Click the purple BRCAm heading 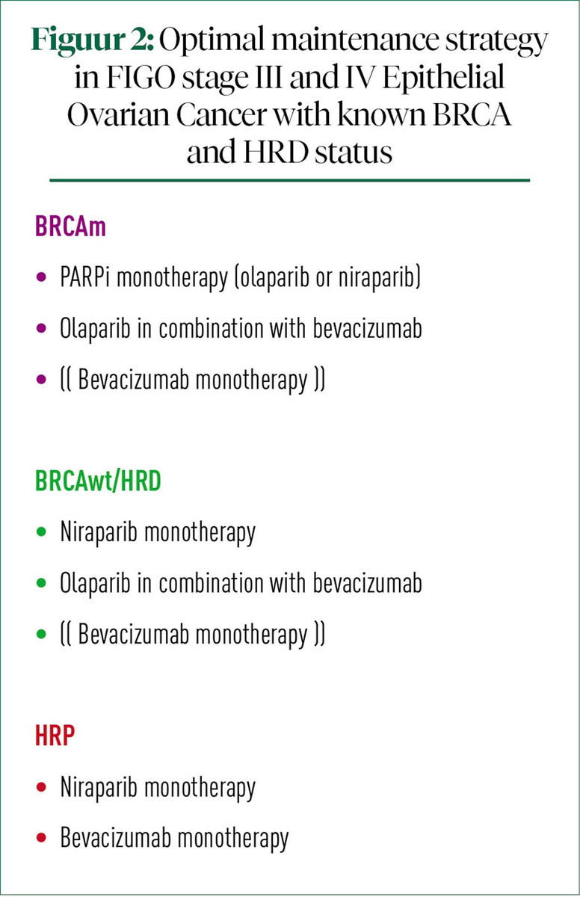click(70, 227)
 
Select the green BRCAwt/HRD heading click(98, 482)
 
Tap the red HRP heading click(55, 736)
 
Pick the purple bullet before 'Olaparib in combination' click(42, 330)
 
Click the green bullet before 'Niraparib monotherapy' click(42, 533)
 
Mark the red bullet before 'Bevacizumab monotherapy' click(42, 838)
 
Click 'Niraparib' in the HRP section click(99, 787)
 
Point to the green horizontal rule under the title click(289, 180)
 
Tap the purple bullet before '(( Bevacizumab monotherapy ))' click(42, 380)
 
